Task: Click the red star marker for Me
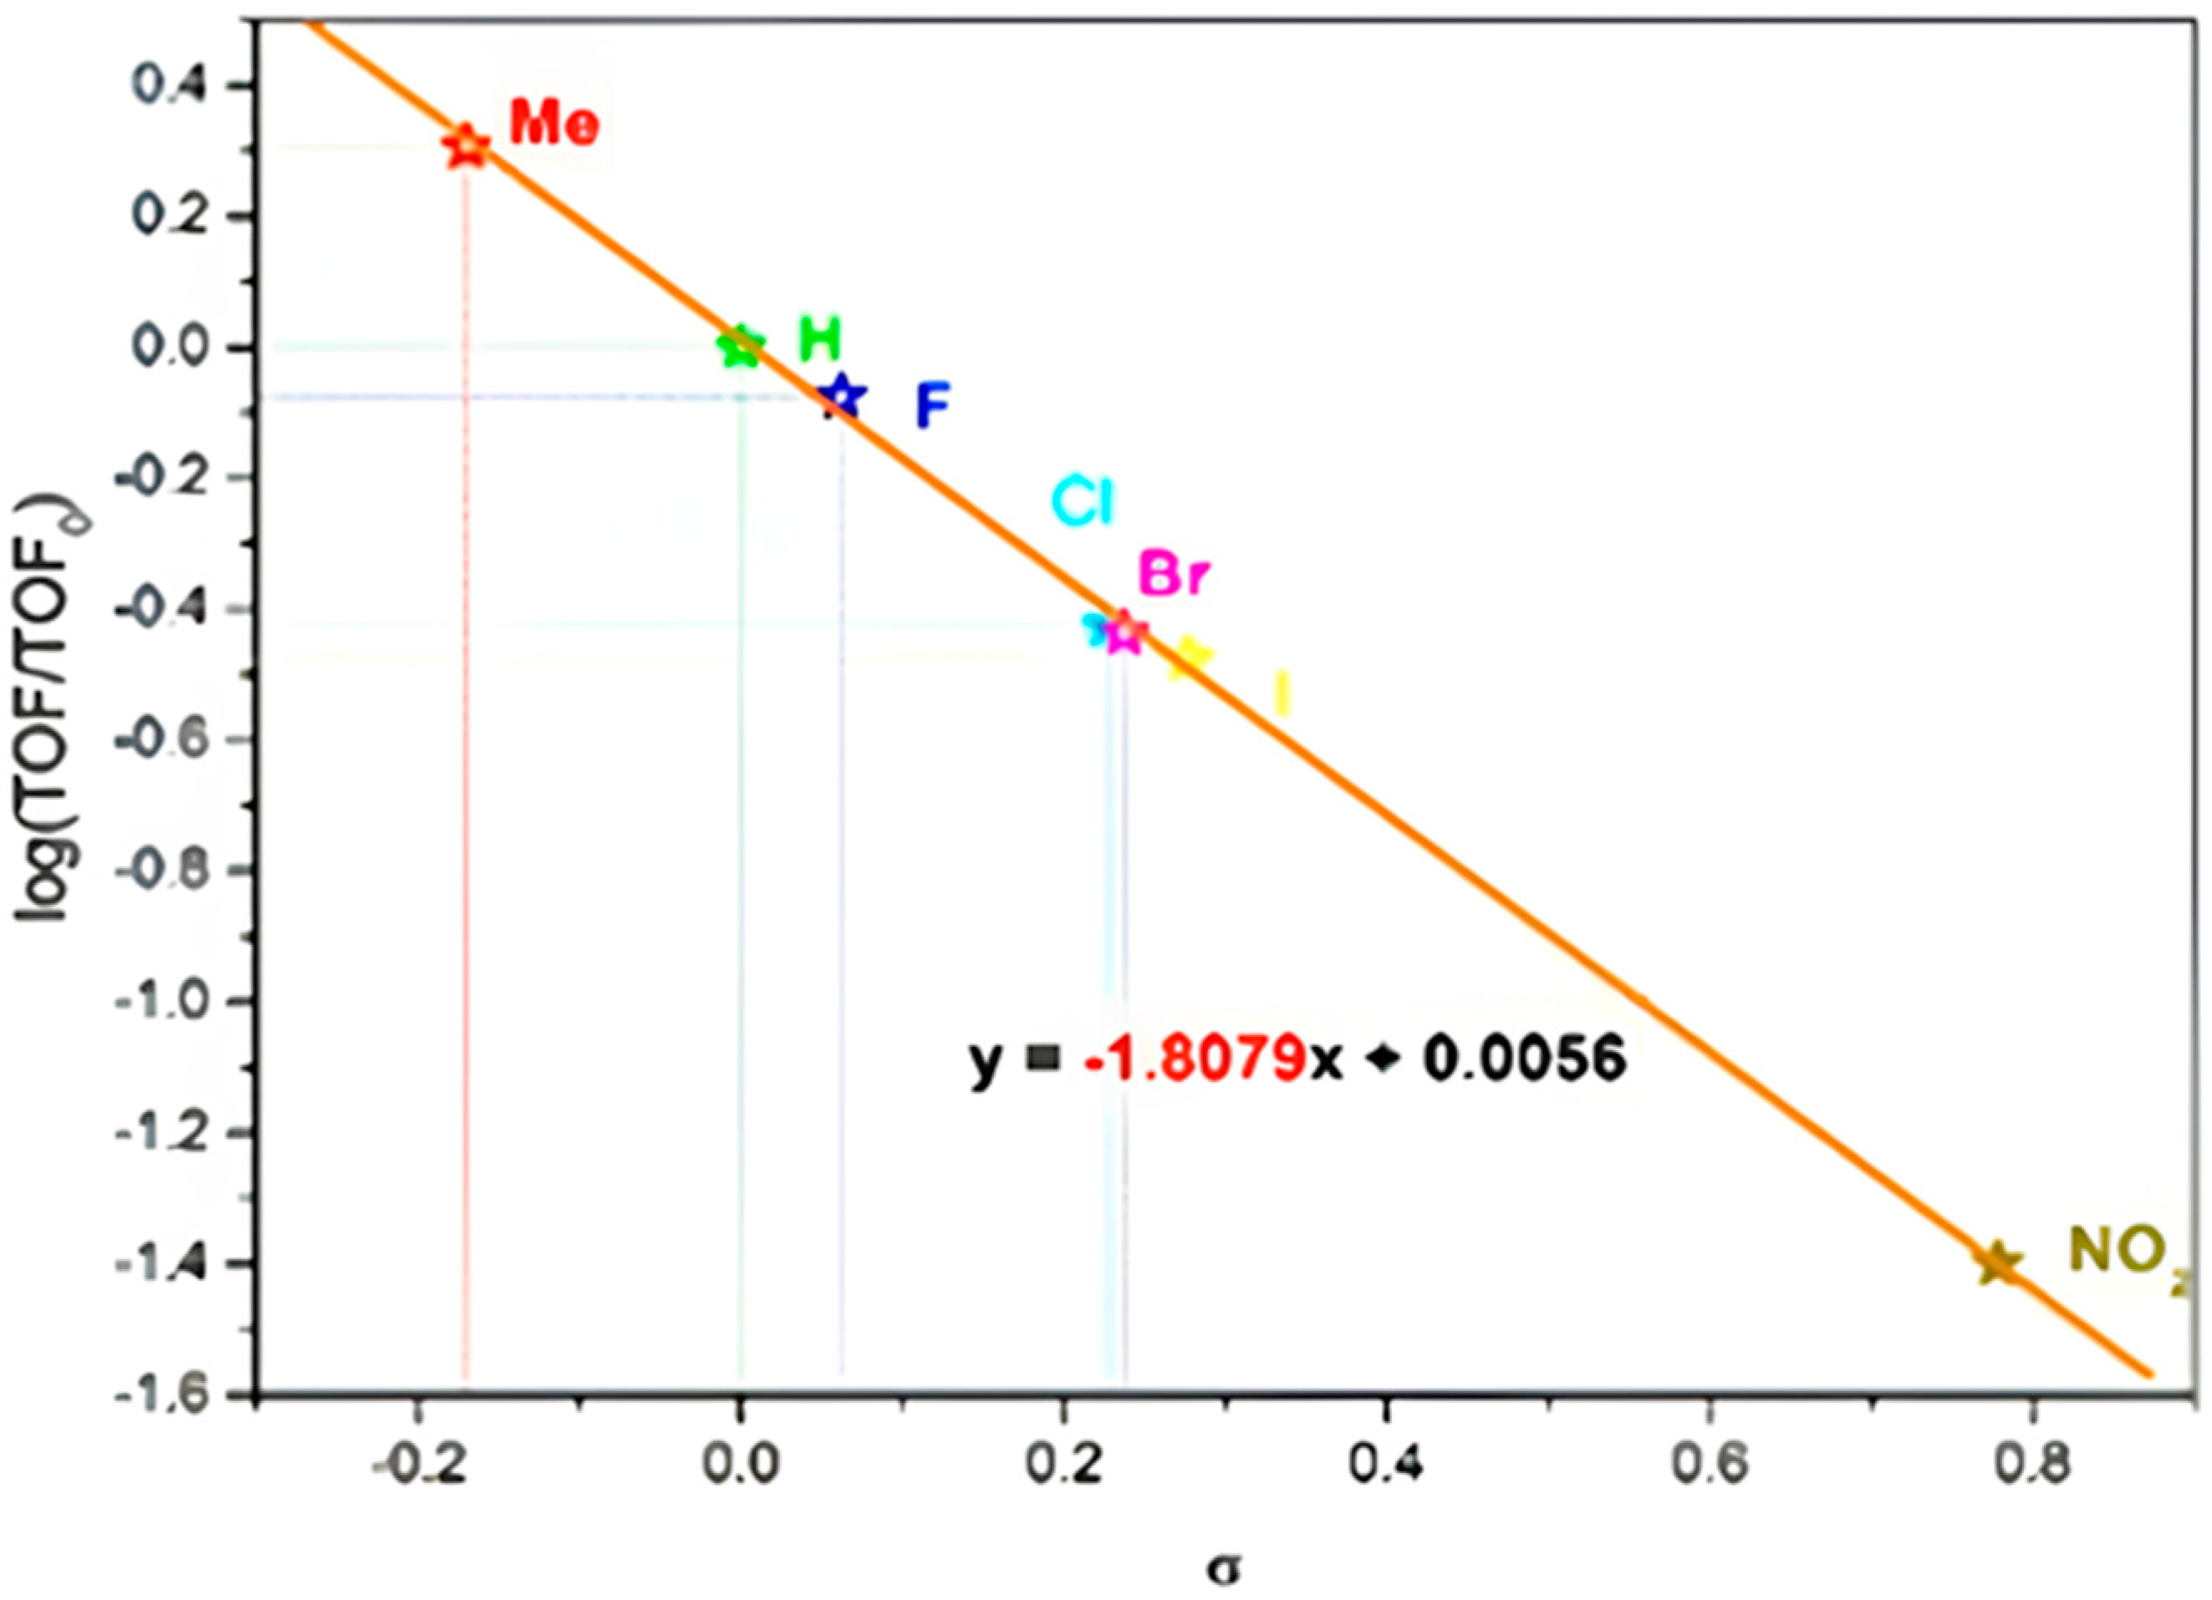point(467,147)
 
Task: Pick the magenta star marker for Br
point(1124,632)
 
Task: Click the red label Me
point(553,124)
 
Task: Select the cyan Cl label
point(1083,503)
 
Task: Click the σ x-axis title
point(1225,1570)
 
